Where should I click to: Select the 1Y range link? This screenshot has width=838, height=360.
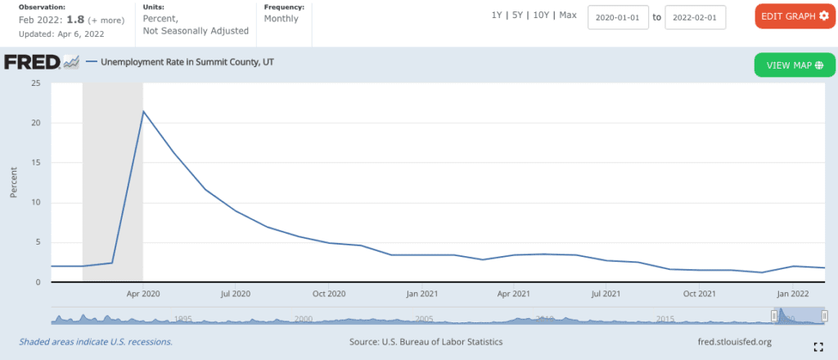tap(497, 16)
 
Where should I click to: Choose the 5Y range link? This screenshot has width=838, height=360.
tap(517, 16)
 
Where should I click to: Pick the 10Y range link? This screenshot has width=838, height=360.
tap(540, 16)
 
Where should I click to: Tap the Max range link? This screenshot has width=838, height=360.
tap(568, 16)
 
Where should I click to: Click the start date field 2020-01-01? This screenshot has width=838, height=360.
tap(618, 16)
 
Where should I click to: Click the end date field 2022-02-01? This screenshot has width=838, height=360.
tap(695, 16)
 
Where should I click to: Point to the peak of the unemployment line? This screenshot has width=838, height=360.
tap(143, 111)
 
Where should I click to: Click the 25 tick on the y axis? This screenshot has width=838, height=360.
tap(35, 83)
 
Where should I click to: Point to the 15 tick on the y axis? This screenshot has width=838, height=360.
tap(35, 163)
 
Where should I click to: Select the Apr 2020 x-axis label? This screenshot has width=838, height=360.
tap(143, 292)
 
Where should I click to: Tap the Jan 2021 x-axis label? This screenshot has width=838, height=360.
tap(422, 292)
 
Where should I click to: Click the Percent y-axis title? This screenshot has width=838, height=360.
tap(14, 182)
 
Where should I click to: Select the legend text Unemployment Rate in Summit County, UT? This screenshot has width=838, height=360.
tap(187, 61)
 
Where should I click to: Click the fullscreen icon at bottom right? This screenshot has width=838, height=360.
tap(818, 346)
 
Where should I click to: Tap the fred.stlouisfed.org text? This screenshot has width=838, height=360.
tap(730, 341)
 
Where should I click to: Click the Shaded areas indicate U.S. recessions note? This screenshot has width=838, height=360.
tap(96, 341)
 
